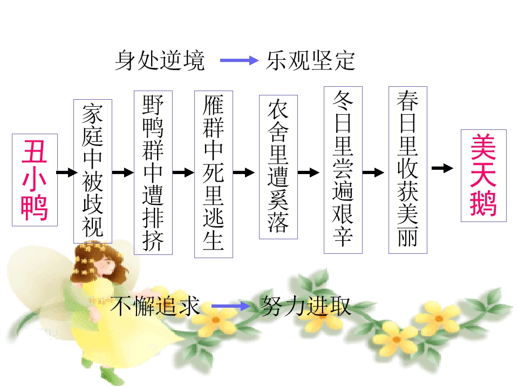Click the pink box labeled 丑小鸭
35,180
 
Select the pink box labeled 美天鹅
483,176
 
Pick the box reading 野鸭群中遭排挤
153,172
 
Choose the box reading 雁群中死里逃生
214,174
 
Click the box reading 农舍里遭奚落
278,167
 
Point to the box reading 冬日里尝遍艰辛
343,170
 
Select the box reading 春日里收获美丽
408,170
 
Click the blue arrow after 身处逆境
240,60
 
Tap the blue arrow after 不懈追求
231,306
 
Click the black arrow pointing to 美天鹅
442,168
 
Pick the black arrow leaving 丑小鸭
67,172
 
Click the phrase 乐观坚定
311,61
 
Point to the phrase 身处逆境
160,60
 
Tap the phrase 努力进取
306,306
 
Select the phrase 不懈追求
155,306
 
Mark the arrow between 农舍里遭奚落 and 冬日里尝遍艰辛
309,172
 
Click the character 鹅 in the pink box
483,204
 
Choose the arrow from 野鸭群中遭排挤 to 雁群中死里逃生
183,172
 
